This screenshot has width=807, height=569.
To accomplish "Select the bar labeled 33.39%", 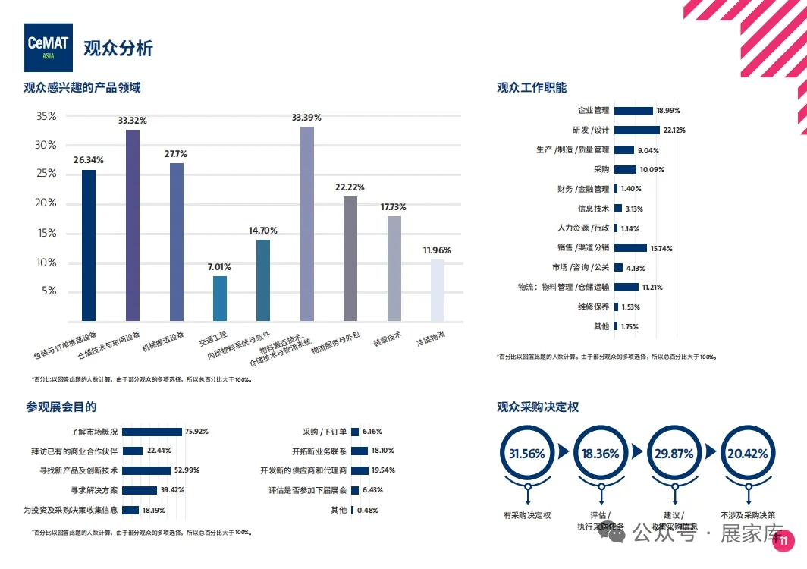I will [306, 223].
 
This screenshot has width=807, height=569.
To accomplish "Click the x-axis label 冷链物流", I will [430, 338].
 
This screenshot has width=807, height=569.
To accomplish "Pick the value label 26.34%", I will [89, 160].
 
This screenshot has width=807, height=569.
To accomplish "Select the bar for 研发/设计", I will [636, 130].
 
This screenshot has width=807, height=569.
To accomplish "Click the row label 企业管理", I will [593, 111].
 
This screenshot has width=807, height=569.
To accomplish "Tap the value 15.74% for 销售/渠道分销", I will [661, 248].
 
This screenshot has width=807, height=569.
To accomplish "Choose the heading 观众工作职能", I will [532, 88].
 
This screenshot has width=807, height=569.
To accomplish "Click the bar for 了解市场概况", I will [152, 432].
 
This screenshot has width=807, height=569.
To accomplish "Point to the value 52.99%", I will [187, 470].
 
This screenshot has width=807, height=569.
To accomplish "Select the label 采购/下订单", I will [325, 432].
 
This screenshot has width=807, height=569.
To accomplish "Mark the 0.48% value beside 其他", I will [368, 510].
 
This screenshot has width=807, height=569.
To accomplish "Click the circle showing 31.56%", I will [526, 454].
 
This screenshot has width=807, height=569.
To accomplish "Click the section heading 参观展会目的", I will [61, 407].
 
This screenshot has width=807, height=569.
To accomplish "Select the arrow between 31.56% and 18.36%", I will [563, 454].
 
